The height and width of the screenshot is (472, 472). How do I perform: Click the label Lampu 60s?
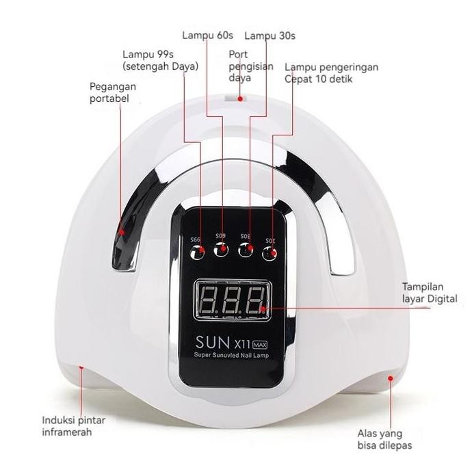207,34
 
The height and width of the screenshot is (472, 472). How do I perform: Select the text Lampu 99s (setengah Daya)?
160,60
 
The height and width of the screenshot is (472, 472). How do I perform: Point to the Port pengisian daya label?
250,66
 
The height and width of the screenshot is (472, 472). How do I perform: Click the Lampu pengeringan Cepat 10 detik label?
332,73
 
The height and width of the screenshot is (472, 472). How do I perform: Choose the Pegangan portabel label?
113,93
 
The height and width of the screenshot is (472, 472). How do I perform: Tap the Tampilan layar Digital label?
430,293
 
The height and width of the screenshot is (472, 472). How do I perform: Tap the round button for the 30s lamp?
247,252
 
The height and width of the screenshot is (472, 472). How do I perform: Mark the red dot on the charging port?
240,99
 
